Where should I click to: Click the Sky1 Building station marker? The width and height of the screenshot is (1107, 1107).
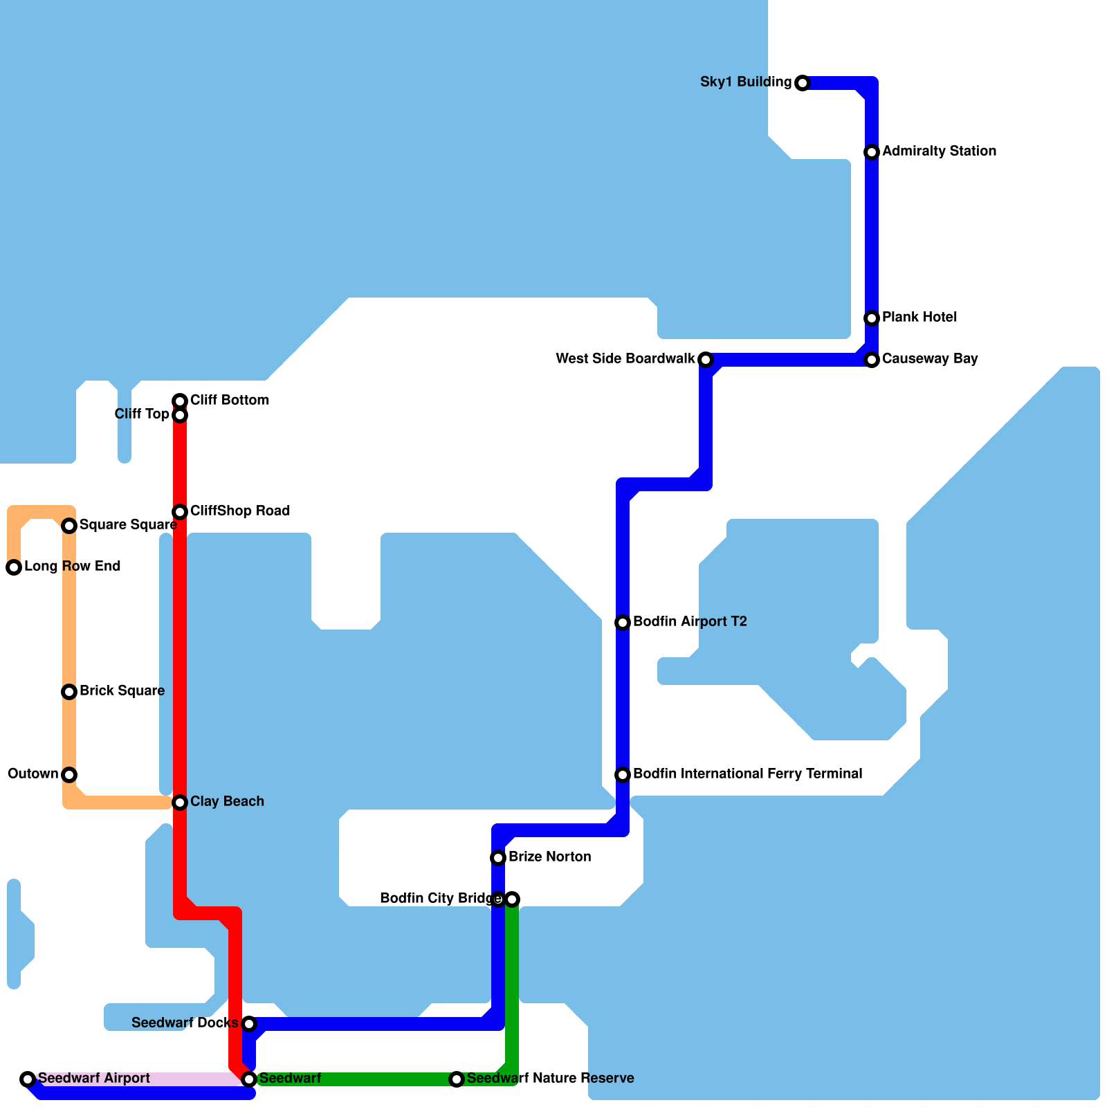[x=802, y=83]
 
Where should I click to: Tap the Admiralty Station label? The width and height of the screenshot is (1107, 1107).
[x=939, y=151]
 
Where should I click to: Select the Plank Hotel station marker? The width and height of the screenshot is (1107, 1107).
[x=872, y=318]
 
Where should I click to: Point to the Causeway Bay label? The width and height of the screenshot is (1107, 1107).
[x=929, y=358]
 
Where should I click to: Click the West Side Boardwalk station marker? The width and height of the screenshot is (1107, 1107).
[x=705, y=360]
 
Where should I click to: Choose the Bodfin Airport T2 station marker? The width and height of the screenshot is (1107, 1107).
[x=623, y=623]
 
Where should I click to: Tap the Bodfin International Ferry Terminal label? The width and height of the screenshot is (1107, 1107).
[x=747, y=774]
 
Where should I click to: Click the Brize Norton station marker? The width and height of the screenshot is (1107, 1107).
[x=498, y=858]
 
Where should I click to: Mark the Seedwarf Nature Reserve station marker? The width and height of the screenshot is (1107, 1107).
[x=457, y=1079]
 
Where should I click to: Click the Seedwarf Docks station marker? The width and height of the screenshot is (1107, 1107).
[x=249, y=1024]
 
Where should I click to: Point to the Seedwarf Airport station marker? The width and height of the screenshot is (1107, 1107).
[x=28, y=1079]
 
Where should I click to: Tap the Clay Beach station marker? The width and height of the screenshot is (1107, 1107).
[x=180, y=803]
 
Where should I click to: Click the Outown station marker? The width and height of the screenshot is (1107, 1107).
[x=69, y=775]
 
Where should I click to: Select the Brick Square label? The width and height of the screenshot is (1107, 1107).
[x=122, y=690]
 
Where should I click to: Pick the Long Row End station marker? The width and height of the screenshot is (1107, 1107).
[x=14, y=567]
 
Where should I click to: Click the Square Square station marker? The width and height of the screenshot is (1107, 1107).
[x=69, y=526]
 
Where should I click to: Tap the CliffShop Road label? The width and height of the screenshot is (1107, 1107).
[x=239, y=511]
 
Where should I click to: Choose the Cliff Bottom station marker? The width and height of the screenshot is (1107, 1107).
[x=180, y=401]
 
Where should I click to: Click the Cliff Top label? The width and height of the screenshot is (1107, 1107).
[x=142, y=414]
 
